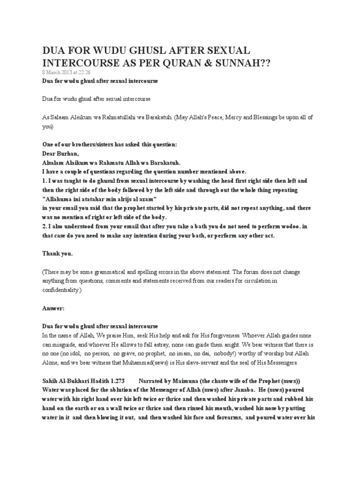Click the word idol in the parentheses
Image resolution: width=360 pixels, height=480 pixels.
[82, 353]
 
